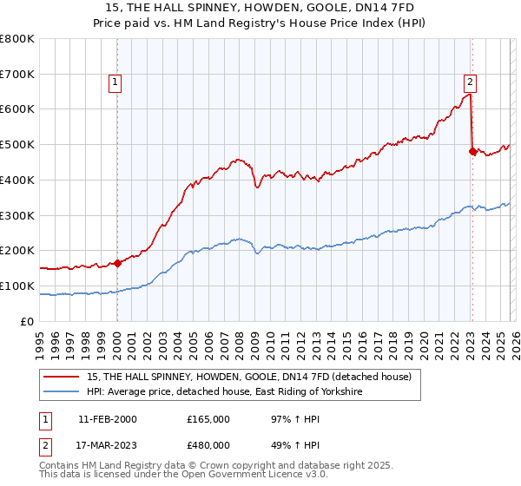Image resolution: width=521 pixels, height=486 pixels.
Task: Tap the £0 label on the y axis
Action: point(28,321)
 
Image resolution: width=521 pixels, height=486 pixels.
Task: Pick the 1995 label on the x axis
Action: point(40,338)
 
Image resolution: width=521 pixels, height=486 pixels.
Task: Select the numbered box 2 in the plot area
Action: point(470,82)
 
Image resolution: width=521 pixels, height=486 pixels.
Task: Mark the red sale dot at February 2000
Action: point(117,263)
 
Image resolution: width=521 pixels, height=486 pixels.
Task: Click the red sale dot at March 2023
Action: point(472,151)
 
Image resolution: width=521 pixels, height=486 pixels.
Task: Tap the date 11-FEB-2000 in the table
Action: point(107,419)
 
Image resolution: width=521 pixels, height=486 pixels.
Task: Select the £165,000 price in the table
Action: point(208,419)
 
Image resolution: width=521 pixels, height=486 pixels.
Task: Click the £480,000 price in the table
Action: point(208,445)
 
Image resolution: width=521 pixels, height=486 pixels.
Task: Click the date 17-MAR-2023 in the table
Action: point(107,445)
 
